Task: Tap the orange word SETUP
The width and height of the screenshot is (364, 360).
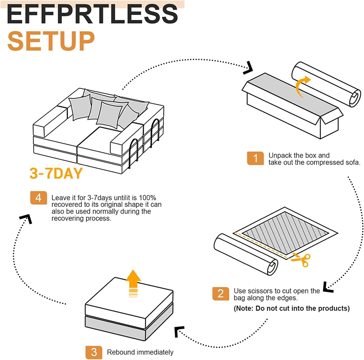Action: pos(51,40)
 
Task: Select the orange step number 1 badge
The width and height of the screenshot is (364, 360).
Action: pos(255,158)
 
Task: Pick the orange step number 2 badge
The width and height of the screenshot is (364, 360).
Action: pos(220,293)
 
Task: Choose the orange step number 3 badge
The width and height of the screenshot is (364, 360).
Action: pos(94,351)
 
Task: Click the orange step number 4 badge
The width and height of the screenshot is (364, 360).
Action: pos(38,198)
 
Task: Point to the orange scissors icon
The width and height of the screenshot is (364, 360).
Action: pos(301,260)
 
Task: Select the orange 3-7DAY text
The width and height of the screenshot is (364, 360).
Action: pos(56,174)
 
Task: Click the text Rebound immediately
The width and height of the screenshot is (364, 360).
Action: pos(140,352)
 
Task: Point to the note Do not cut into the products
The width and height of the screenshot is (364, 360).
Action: pos(292,308)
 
